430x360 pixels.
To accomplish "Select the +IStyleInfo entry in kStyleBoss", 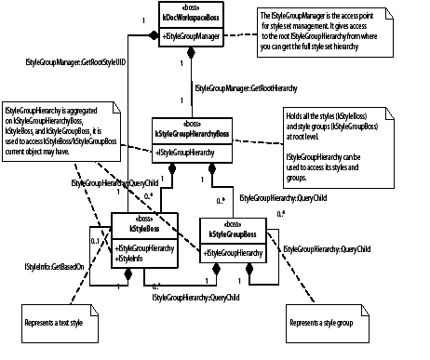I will pos(132,257).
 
